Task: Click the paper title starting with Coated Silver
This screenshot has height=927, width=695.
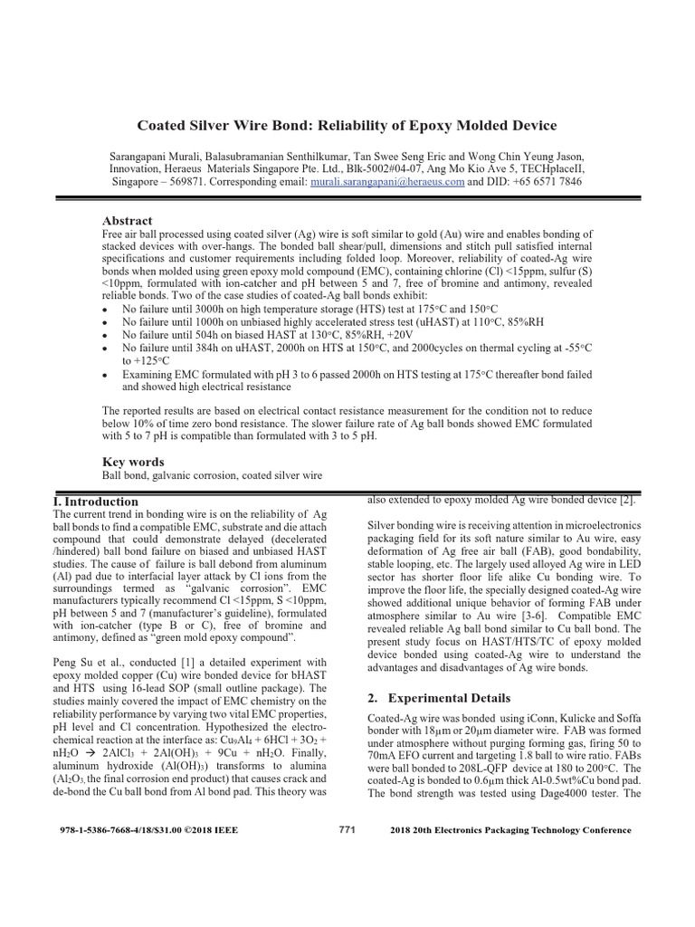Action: coord(347,125)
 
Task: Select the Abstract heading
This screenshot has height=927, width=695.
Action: coord(128,221)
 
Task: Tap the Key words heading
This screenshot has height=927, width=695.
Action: coord(133,461)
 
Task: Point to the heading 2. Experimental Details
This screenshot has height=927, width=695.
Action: coord(431,698)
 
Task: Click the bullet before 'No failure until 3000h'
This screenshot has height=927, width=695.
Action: coord(107,310)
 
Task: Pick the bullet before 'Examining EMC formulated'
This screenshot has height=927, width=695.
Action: coord(107,373)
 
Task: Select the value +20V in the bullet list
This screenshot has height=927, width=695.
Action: coord(406,334)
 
